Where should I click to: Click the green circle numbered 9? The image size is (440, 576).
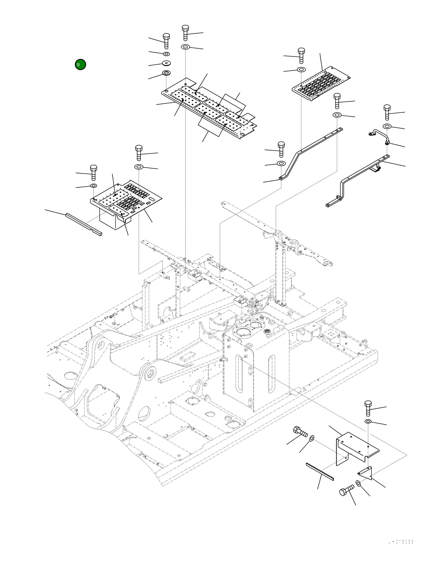click(x=80, y=64)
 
